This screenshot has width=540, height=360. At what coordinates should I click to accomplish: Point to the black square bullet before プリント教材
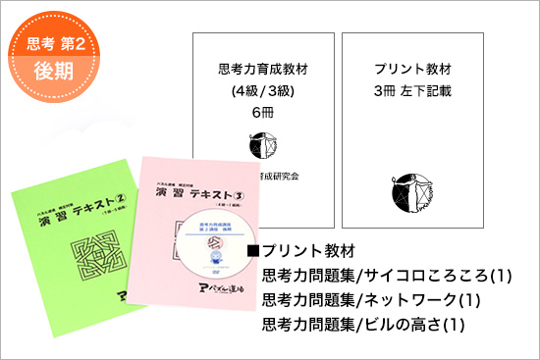[x=253, y=250]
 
